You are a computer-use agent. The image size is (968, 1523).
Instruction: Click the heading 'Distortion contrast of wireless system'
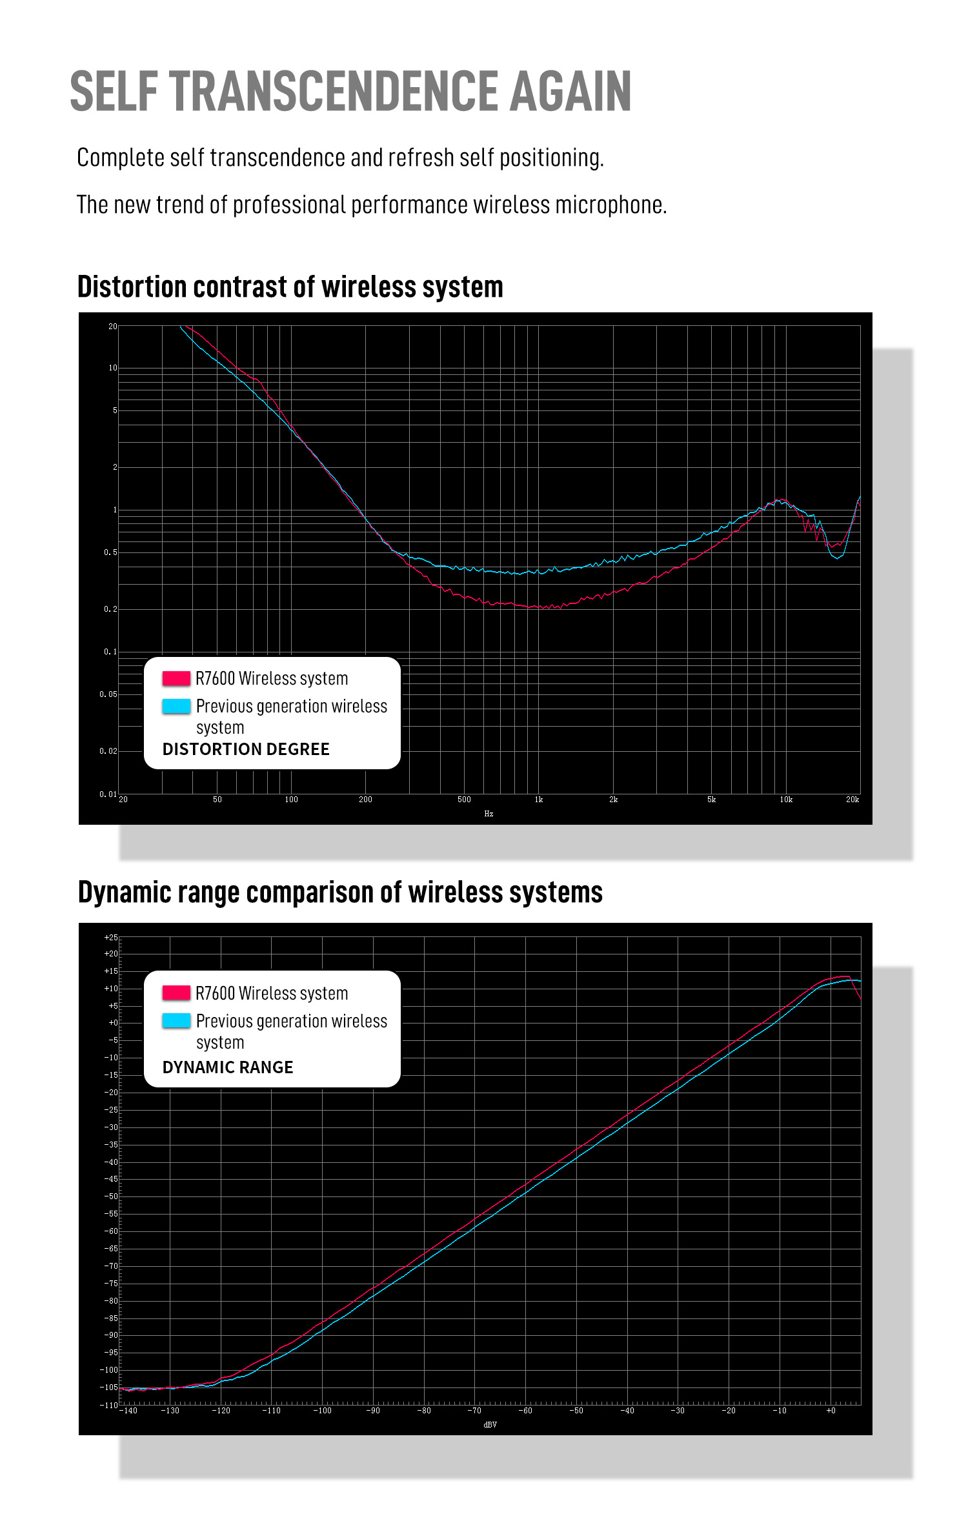click(290, 287)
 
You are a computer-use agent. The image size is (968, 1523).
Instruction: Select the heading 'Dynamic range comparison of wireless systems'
click(340, 893)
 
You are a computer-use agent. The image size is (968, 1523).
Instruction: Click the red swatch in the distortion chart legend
click(176, 678)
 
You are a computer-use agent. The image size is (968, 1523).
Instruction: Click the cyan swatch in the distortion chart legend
click(176, 706)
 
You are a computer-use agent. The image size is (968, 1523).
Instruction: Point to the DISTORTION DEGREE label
click(246, 749)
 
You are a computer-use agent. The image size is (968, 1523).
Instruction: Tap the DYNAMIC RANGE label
click(228, 1067)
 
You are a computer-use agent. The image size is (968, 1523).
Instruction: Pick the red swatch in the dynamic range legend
click(176, 993)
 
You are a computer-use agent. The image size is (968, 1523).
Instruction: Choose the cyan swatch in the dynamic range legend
click(176, 1020)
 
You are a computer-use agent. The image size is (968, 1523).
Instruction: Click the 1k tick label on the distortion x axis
click(539, 800)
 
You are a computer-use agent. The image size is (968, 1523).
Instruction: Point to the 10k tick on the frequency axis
click(786, 800)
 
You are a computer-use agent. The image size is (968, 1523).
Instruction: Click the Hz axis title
click(489, 814)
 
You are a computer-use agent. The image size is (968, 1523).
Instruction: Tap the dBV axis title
click(490, 1424)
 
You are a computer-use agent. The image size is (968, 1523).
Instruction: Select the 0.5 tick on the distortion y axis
click(111, 552)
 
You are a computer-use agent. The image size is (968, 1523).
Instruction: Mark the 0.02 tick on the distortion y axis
click(108, 751)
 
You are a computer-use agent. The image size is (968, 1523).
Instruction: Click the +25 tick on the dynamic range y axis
click(111, 938)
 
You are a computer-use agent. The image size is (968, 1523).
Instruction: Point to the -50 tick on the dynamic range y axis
click(111, 1196)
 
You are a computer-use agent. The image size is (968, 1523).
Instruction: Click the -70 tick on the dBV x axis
click(474, 1411)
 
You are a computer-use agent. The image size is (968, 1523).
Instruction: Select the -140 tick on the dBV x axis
click(128, 1411)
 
